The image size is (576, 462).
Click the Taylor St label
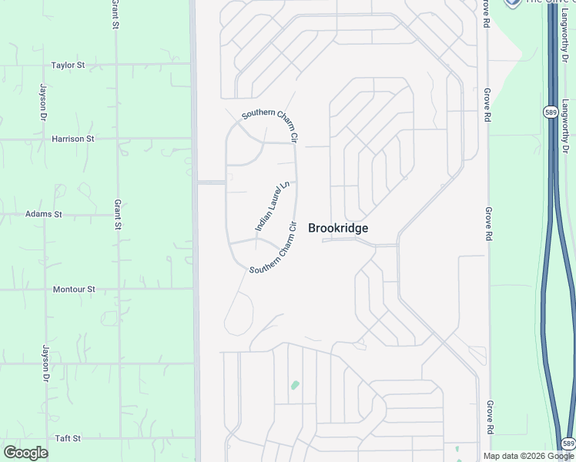click(x=68, y=65)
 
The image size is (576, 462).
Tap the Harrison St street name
click(x=72, y=139)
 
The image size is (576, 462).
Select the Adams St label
click(x=43, y=214)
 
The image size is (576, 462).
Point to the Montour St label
click(x=73, y=290)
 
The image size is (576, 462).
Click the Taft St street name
click(x=68, y=438)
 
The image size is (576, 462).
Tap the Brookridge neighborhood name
click(x=338, y=228)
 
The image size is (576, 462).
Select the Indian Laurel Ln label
click(x=274, y=206)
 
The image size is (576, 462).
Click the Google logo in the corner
click(x=26, y=453)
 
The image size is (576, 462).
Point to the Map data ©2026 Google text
click(x=528, y=456)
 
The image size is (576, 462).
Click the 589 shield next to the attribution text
click(x=568, y=444)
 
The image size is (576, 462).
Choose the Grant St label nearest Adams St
click(x=118, y=215)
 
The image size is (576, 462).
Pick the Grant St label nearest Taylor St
click(x=116, y=15)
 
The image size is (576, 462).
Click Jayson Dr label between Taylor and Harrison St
click(x=42, y=103)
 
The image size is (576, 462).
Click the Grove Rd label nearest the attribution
click(x=488, y=416)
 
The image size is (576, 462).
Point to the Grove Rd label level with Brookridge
click(x=488, y=223)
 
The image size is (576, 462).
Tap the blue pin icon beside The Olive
click(x=512, y=2)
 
